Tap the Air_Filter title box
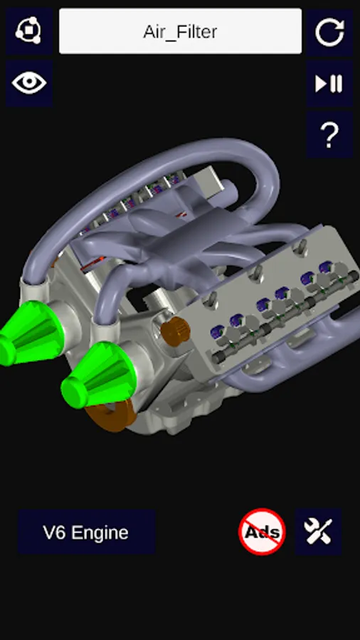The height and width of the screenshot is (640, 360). point(181,31)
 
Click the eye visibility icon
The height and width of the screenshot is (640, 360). point(29,83)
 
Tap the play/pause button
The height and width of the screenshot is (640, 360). point(329,84)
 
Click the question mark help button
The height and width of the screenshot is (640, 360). point(329,134)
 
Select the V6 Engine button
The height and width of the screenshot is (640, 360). point(86,532)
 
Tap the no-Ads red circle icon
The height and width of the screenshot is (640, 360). point(262,531)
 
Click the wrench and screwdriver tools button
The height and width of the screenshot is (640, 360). point(318,531)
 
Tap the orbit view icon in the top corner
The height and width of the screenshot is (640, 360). point(29,31)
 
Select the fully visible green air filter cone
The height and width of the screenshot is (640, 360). point(98,375)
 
